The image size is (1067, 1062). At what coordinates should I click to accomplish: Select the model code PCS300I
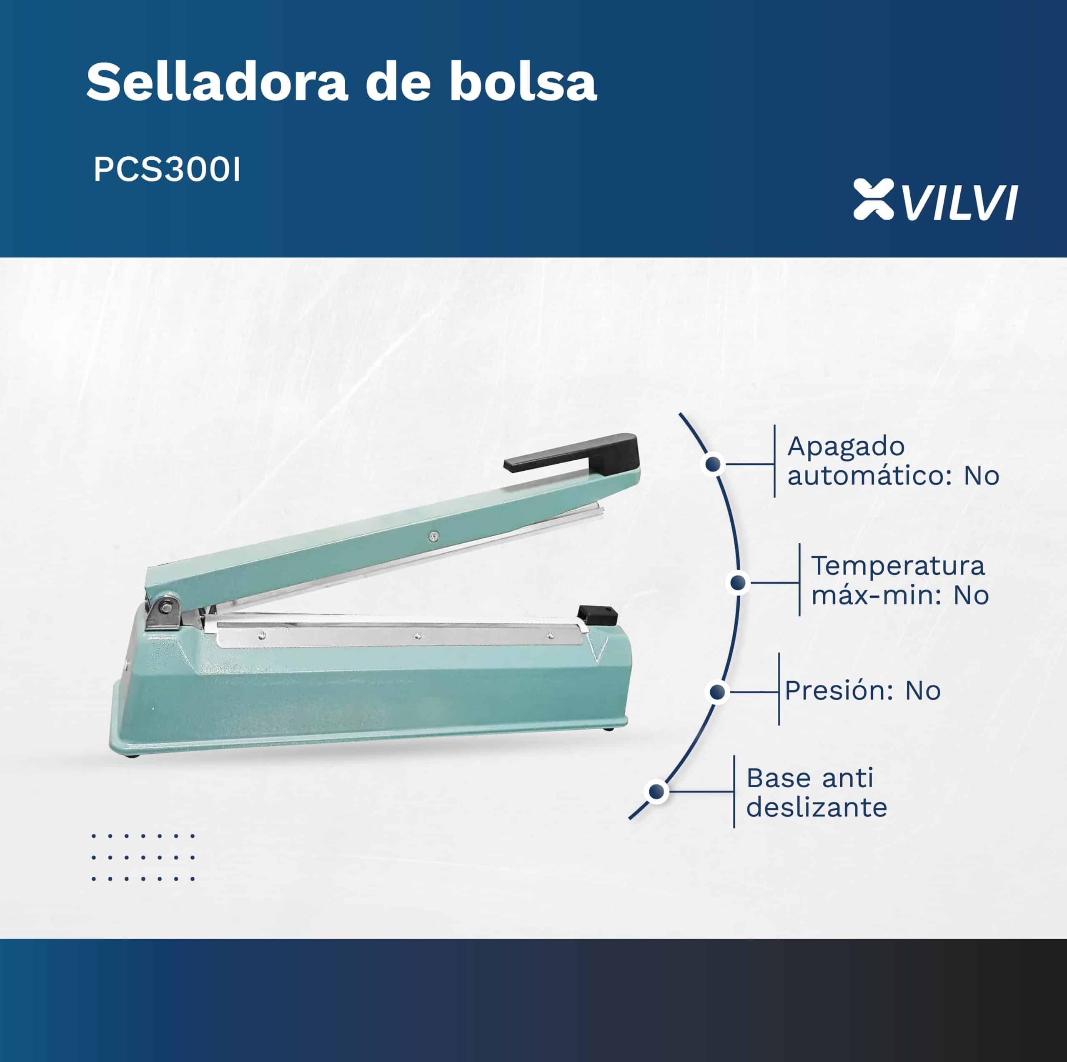point(167,170)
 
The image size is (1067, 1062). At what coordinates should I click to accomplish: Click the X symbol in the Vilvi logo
point(873,198)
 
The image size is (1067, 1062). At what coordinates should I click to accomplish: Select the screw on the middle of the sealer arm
point(434,535)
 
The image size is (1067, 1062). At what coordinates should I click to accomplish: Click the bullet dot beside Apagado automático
point(714,464)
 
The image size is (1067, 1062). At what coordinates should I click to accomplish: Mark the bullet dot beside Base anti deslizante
point(656,792)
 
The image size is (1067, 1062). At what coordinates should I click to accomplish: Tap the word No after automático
point(982,476)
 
